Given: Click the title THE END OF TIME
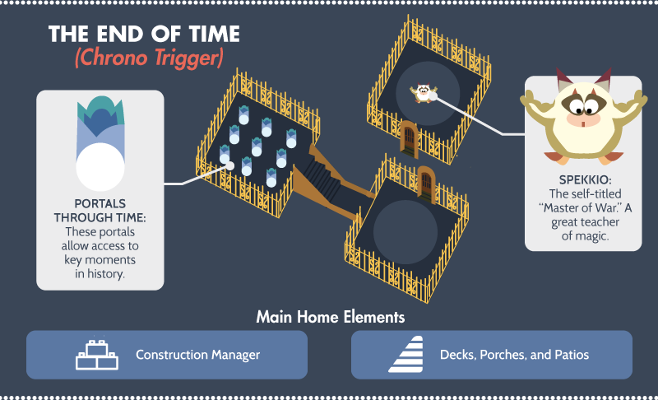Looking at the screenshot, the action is click(x=144, y=34).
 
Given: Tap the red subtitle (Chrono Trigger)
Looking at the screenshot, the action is click(x=149, y=58).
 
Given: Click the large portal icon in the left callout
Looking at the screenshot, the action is click(x=100, y=143).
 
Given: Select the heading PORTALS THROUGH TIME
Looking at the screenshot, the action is click(x=100, y=211).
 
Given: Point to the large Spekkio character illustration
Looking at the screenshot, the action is click(x=583, y=116).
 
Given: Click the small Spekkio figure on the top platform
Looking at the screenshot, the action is click(x=423, y=93).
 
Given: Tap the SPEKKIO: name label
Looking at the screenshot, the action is click(x=585, y=179).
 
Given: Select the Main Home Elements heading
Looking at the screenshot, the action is click(x=331, y=317).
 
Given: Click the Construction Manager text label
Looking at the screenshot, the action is click(x=197, y=355).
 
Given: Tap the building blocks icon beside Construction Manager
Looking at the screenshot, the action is click(x=97, y=355).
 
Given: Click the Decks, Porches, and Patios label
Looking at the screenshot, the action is click(x=514, y=355).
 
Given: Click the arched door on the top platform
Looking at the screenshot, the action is click(x=409, y=139).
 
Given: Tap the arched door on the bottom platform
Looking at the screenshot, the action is click(x=426, y=184).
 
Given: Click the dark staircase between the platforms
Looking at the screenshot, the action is click(x=323, y=179).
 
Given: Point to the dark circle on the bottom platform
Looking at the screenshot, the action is click(x=405, y=232).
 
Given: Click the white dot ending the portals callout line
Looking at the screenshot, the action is click(x=229, y=165).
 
